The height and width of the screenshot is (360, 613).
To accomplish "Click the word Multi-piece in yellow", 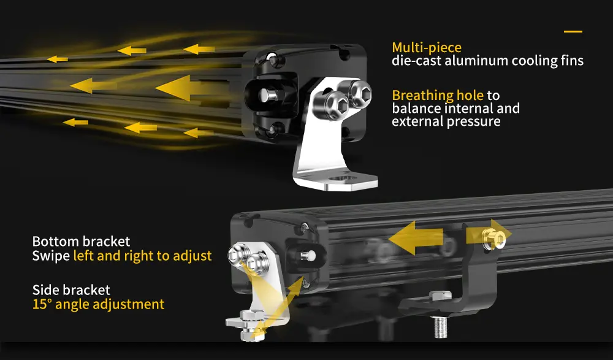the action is (427, 48).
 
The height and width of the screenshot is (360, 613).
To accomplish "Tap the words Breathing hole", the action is (438, 96).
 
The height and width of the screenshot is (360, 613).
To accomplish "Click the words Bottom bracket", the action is (82, 241).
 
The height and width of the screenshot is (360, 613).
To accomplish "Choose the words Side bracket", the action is (71, 290).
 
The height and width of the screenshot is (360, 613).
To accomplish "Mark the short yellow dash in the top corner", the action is (573, 31).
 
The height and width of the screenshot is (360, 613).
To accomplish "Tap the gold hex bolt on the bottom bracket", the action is (493, 239).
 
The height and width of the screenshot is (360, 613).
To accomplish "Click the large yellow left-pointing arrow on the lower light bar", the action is (416, 237).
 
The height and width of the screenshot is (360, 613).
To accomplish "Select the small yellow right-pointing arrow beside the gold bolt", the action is (489, 235).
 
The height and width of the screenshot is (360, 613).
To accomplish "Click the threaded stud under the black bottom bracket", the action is (441, 327).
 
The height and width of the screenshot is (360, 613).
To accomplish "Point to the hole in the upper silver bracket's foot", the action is (341, 180).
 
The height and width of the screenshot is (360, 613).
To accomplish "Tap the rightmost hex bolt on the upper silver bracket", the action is (359, 94).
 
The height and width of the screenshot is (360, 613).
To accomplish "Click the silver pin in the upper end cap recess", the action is (268, 95).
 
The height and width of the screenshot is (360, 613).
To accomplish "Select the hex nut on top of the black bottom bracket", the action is (441, 296).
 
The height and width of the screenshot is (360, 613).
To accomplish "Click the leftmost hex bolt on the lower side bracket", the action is (238, 253).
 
